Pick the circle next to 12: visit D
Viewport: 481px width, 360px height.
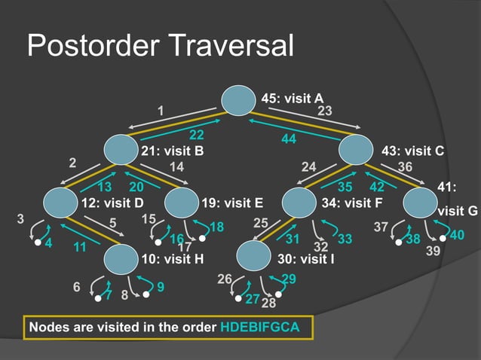click(61, 203)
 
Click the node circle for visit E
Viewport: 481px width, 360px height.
click(181, 203)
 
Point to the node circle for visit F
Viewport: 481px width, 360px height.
click(300, 203)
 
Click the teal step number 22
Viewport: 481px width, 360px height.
click(197, 136)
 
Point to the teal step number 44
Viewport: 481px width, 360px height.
click(288, 139)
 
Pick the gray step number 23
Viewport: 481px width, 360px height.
click(325, 111)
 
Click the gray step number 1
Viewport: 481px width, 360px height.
click(161, 111)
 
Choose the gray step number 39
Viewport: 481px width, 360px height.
click(433, 251)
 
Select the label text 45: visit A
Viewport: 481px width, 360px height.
click(292, 98)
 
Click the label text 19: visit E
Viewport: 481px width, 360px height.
click(232, 203)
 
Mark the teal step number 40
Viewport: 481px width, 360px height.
click(457, 236)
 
